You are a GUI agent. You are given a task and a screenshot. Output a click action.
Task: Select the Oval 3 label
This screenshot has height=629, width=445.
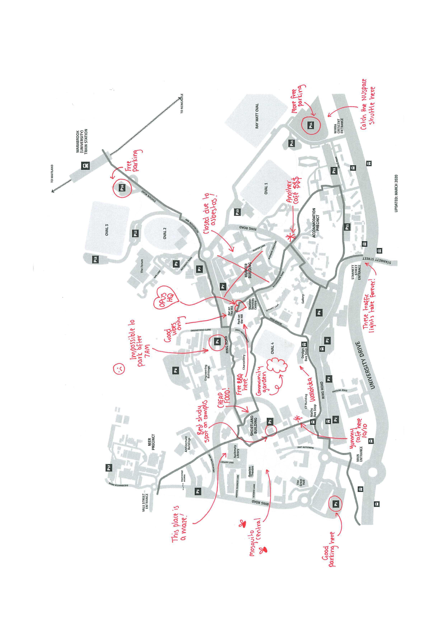click(107, 230)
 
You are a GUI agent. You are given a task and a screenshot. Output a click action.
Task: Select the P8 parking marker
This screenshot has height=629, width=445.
click(176, 371)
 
